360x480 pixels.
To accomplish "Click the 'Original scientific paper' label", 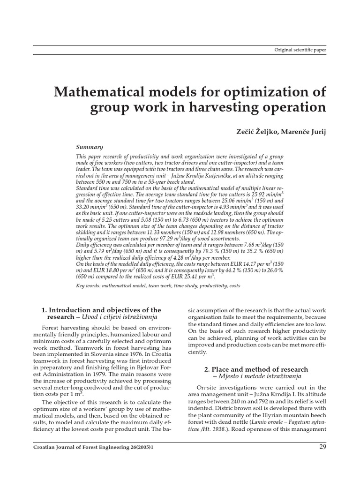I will tap(300, 49).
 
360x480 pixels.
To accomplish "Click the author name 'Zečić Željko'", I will tap(255, 132).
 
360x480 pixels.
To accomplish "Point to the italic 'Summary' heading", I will tap(90, 147).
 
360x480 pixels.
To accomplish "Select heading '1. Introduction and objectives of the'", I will tap(101, 310).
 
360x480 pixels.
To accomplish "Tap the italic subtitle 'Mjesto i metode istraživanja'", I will tap(260, 376).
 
